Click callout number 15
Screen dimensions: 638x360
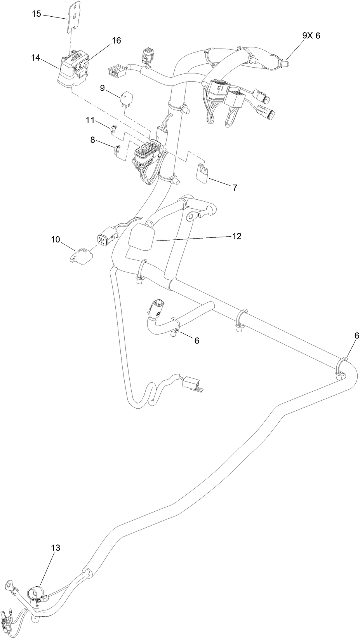pos(36,14)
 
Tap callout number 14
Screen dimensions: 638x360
pos(36,58)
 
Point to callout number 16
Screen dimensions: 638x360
pos(116,40)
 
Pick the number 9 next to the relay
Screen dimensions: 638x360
pos(103,88)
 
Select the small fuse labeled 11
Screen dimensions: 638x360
pos(114,129)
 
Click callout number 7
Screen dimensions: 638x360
pos(235,187)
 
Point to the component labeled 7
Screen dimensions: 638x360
pos(202,173)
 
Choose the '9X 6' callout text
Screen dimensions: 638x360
pos(311,36)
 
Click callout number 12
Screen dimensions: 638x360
pos(237,236)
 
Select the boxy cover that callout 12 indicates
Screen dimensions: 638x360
pos(141,238)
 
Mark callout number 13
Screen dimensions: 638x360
pos(56,548)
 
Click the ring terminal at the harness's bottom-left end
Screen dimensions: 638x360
pos(9,584)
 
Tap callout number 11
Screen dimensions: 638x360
pos(90,120)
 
